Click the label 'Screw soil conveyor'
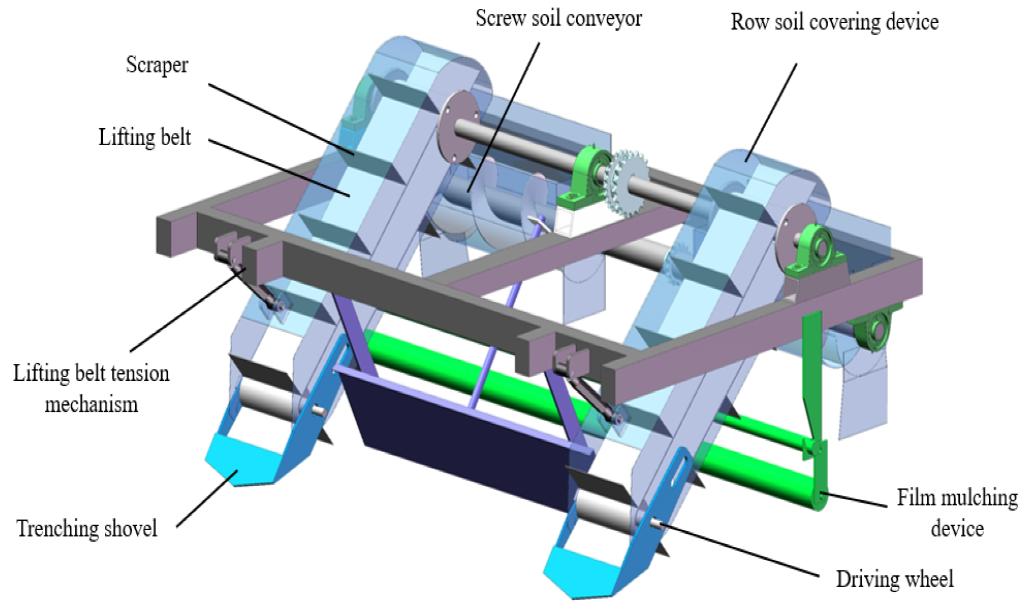point(558,19)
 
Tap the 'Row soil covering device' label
point(834,22)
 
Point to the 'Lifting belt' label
point(145,137)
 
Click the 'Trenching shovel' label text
point(87,528)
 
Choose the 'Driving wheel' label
point(895,579)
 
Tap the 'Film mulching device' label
point(957,513)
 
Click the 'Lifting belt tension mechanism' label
point(91,388)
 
